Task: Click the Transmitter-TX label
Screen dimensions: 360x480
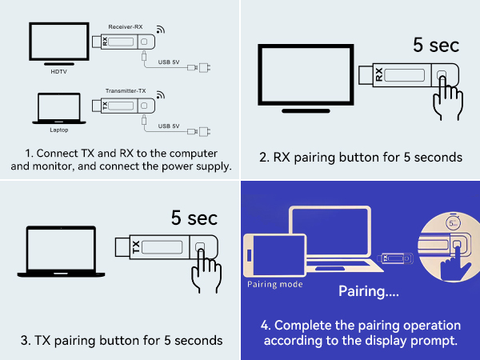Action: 125,91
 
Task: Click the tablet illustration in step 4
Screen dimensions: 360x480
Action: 274,255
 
